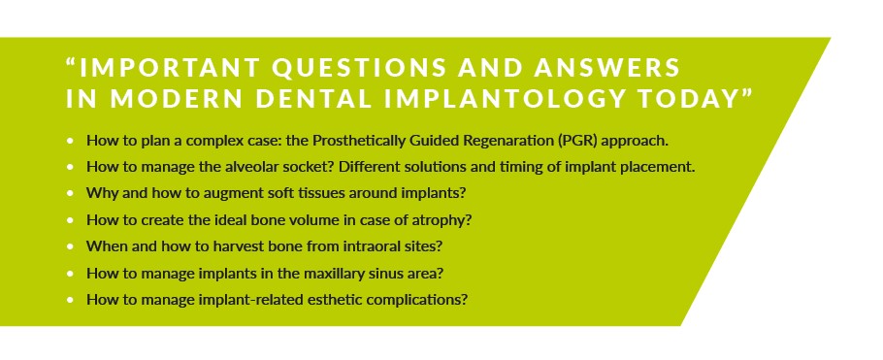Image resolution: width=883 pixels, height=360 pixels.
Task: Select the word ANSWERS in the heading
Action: [607, 68]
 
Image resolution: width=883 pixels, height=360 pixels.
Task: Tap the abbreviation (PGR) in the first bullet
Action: [578, 141]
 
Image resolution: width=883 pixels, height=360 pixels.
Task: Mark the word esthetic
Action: [333, 300]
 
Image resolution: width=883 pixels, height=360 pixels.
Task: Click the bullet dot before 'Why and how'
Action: [70, 193]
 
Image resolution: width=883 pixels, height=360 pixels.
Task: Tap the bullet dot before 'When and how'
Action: [70, 246]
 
